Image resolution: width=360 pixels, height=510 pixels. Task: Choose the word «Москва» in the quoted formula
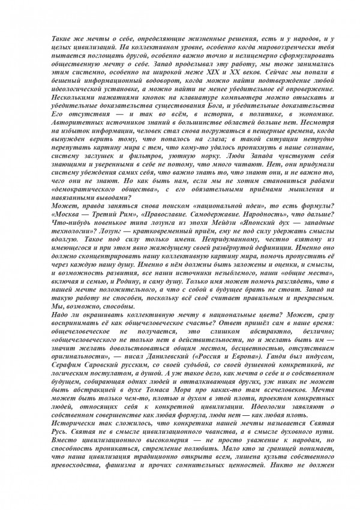pos(68,214)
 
